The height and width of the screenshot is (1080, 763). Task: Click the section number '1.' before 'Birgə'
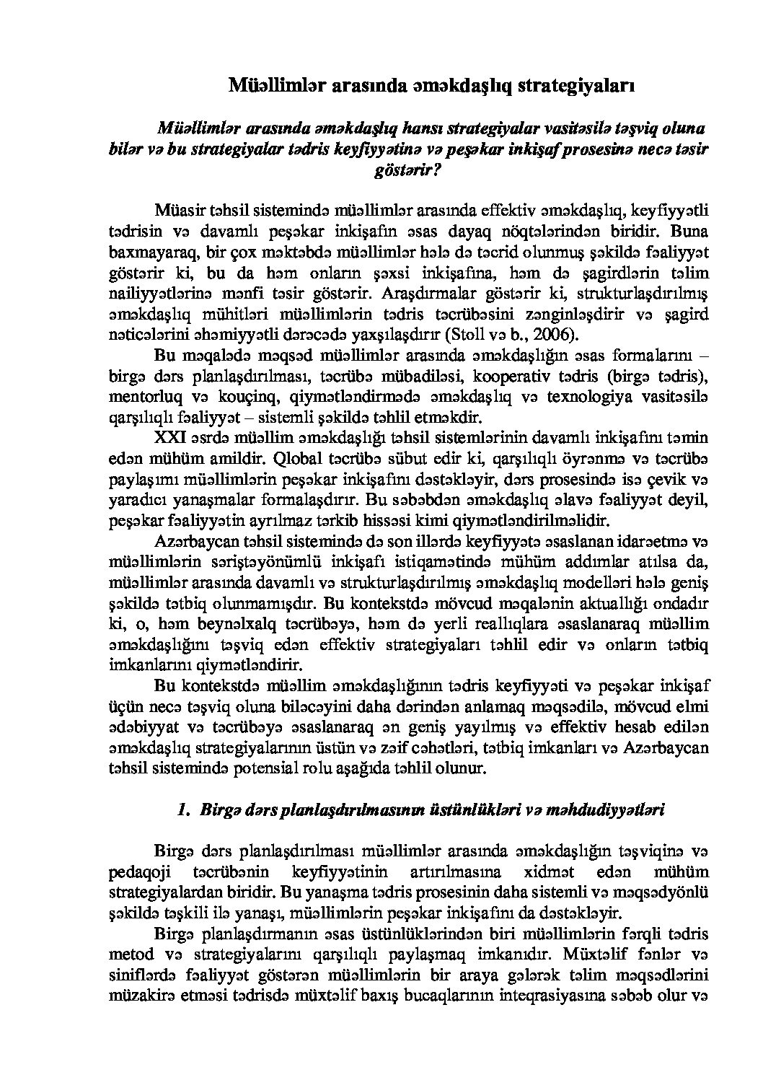click(182, 809)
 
